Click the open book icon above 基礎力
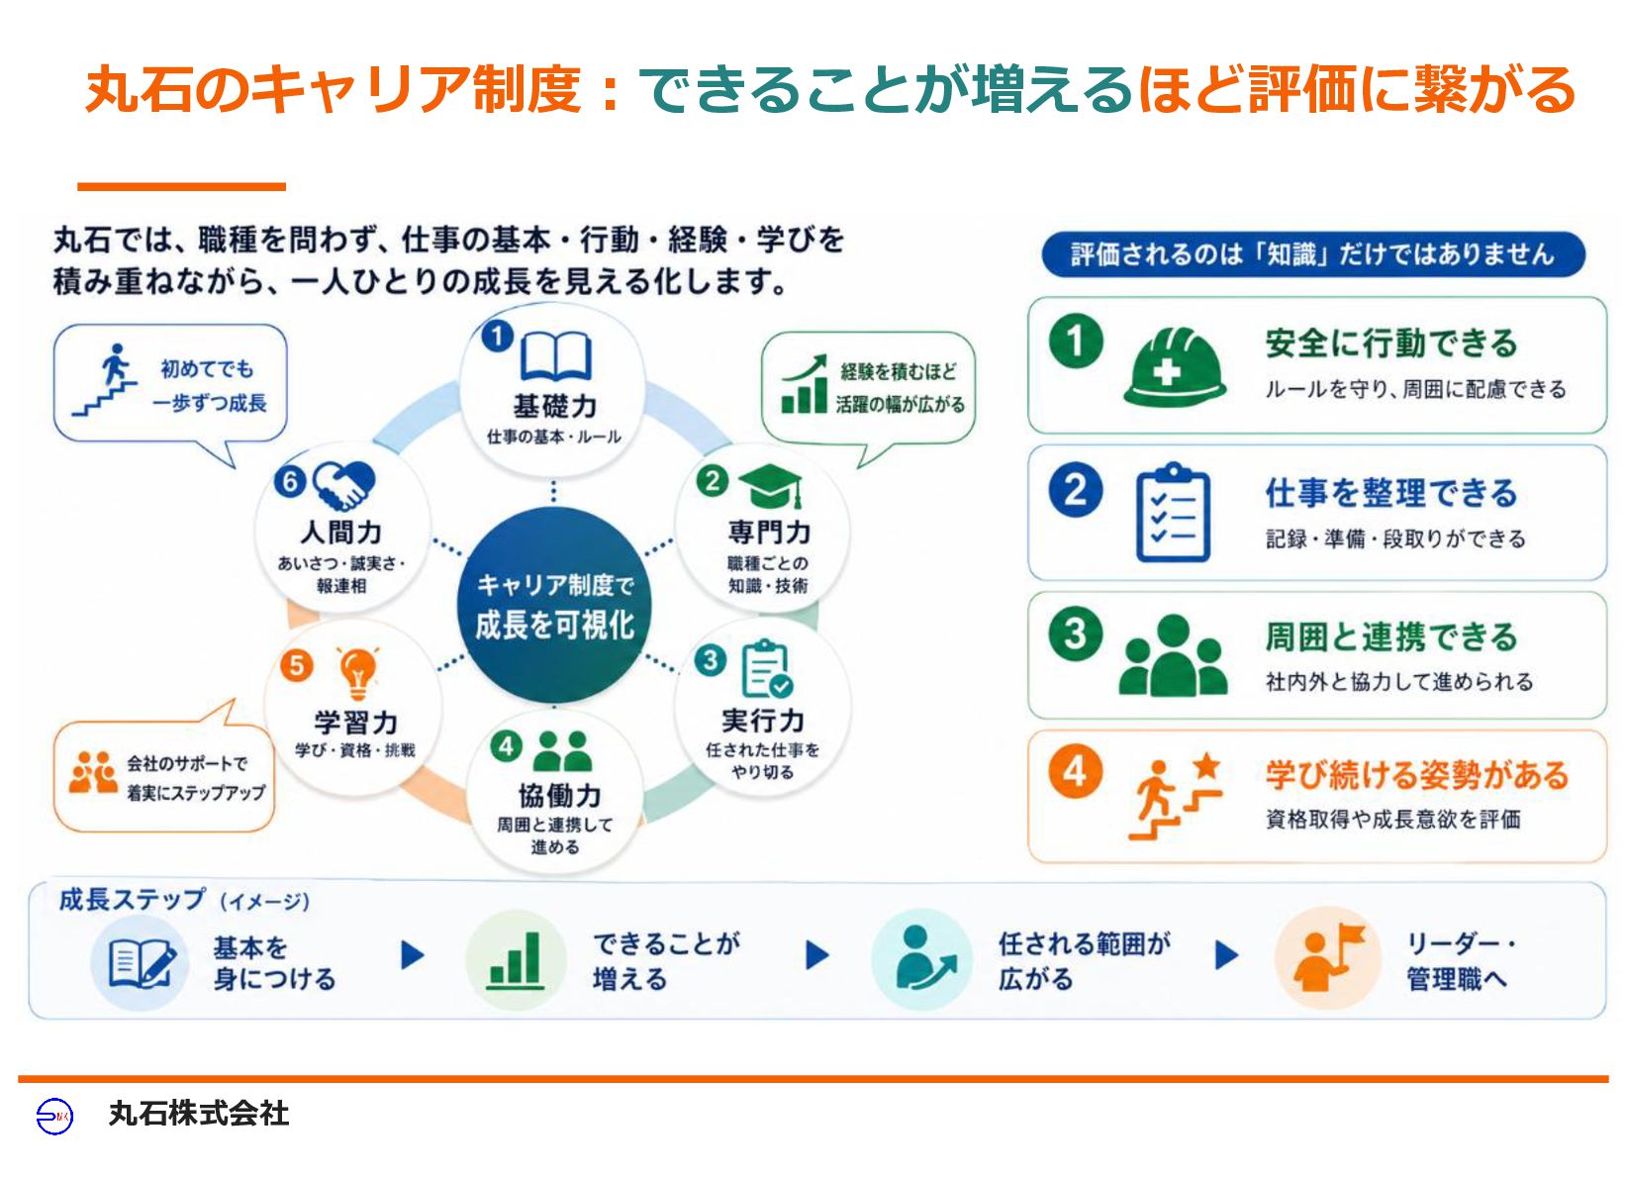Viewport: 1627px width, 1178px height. tap(555, 356)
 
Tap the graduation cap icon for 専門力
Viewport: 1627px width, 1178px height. tap(771, 486)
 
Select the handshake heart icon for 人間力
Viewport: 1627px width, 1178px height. tap(343, 485)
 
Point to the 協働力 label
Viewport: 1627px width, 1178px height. tap(559, 796)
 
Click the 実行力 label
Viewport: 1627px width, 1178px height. tap(763, 721)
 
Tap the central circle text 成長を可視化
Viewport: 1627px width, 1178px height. tap(555, 625)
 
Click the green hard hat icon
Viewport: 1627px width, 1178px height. tap(1175, 366)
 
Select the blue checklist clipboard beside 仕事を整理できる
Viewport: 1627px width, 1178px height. tap(1173, 513)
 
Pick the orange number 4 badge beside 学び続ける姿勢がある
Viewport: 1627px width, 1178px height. tap(1075, 771)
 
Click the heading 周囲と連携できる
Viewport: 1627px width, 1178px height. tap(1390, 637)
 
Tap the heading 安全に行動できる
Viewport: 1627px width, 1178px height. tap(1390, 344)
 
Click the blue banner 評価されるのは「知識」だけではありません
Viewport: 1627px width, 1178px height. tap(1313, 254)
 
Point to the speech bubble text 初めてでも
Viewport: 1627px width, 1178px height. tap(207, 368)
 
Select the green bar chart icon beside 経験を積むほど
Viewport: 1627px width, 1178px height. tap(804, 384)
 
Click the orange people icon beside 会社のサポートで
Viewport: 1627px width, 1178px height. tap(92, 772)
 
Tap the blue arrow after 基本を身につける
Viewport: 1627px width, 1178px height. tap(412, 955)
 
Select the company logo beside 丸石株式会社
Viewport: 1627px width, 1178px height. tap(54, 1115)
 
